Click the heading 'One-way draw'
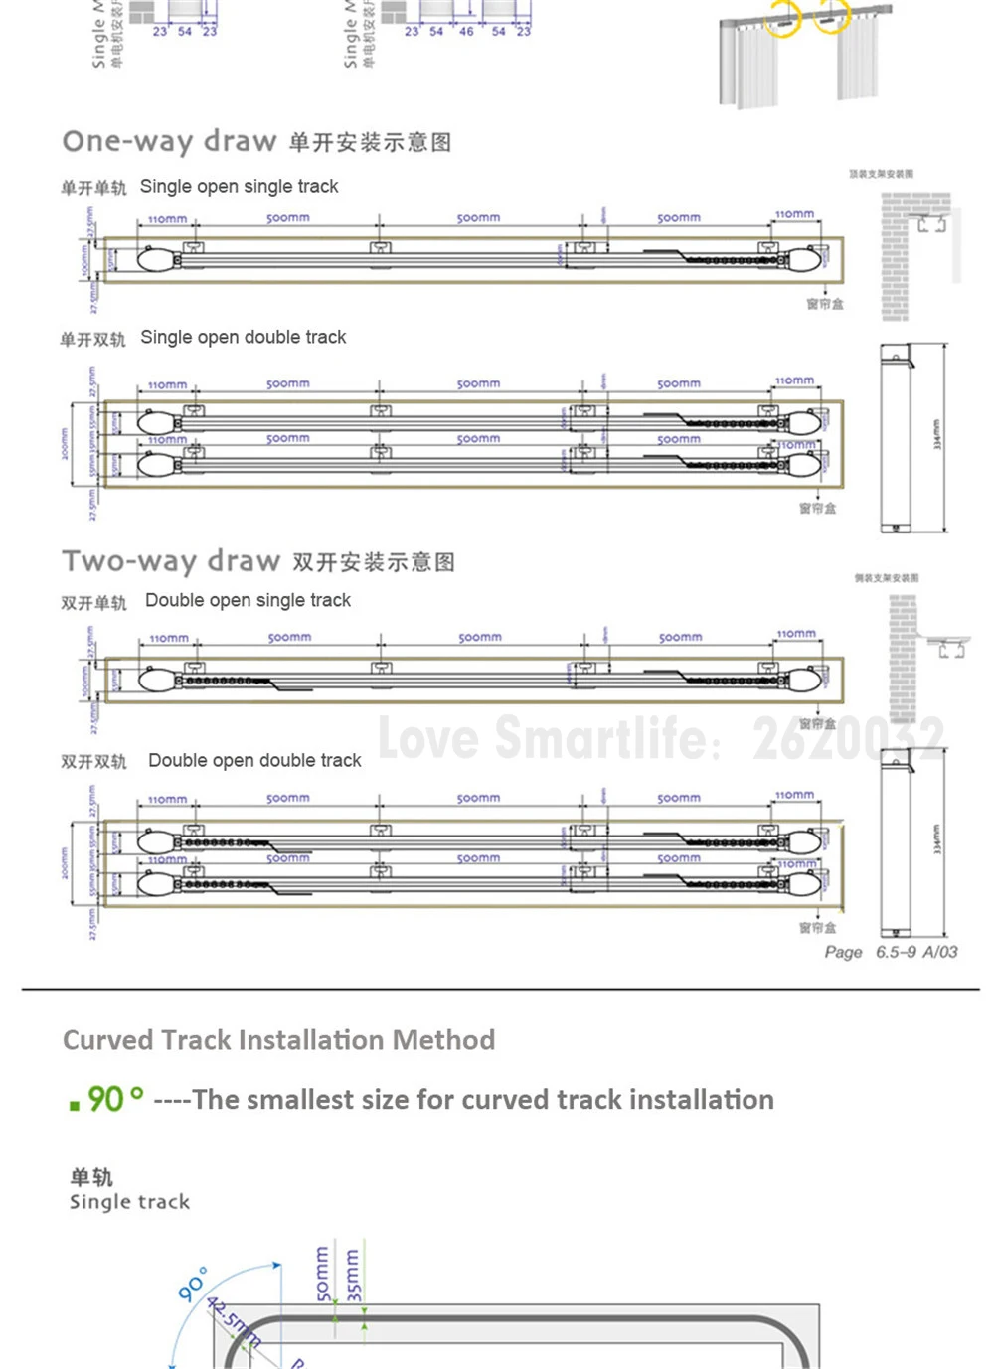coord(169,141)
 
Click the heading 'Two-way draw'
coord(171,561)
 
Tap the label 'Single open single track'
coord(239,187)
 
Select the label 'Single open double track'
coord(244,338)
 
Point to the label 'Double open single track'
coord(248,600)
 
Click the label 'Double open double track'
coord(254,761)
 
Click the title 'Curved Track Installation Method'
coord(278,1040)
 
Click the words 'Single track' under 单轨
coord(129,1202)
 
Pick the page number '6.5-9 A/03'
coord(915,952)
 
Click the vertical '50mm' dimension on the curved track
coord(321,1274)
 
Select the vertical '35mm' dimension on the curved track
coord(354,1276)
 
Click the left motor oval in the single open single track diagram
coord(155,260)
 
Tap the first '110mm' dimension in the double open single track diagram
coord(168,638)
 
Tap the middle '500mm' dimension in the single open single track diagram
coord(478,217)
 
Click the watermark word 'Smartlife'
coord(601,737)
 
